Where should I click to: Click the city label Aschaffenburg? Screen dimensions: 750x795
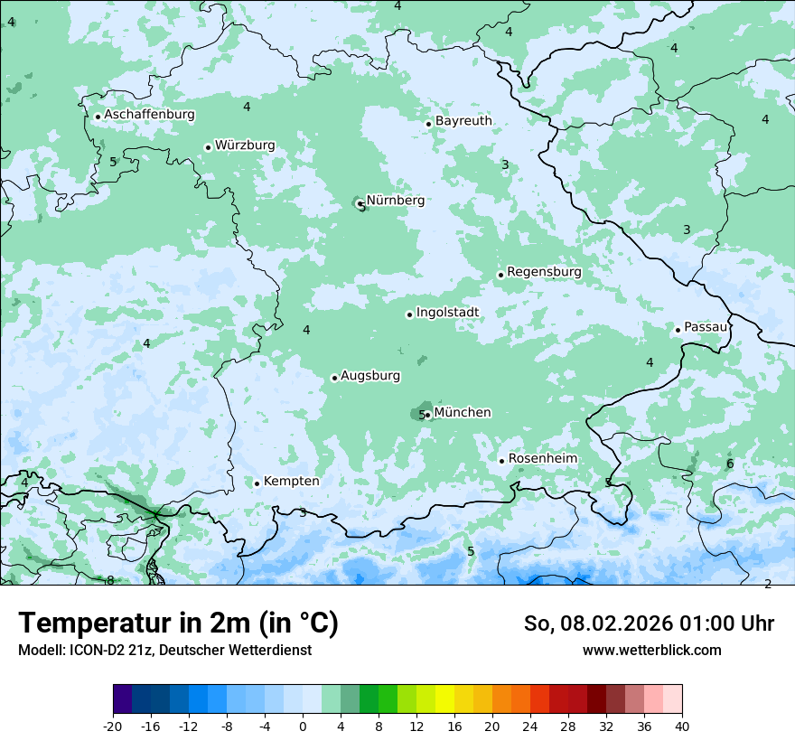point(149,115)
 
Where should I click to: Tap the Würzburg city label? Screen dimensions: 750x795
point(245,145)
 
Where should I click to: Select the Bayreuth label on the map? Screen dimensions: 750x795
point(463,121)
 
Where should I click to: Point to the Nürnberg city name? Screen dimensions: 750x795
point(395,201)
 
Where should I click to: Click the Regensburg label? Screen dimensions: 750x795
point(544,272)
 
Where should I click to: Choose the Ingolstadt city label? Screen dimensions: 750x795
point(447,313)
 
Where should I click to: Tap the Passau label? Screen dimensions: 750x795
point(706,327)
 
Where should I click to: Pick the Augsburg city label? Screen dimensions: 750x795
point(370,376)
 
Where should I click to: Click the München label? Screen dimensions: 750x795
point(463,413)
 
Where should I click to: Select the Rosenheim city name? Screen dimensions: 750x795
point(542,459)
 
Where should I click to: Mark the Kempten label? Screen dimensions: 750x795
point(291,482)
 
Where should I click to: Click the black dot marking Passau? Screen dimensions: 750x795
point(678,330)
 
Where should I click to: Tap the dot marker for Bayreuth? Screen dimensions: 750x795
point(428,124)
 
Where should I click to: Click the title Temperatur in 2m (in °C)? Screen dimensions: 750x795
point(178,623)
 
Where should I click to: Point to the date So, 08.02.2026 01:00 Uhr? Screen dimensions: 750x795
point(649,623)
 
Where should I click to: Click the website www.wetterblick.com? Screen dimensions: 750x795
point(651,650)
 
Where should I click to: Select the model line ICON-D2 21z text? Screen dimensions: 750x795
point(164,650)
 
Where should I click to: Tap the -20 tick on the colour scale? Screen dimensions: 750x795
point(113,727)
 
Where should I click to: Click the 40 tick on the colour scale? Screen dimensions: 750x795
point(681,727)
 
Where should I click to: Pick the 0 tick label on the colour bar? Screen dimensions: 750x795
point(303,727)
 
